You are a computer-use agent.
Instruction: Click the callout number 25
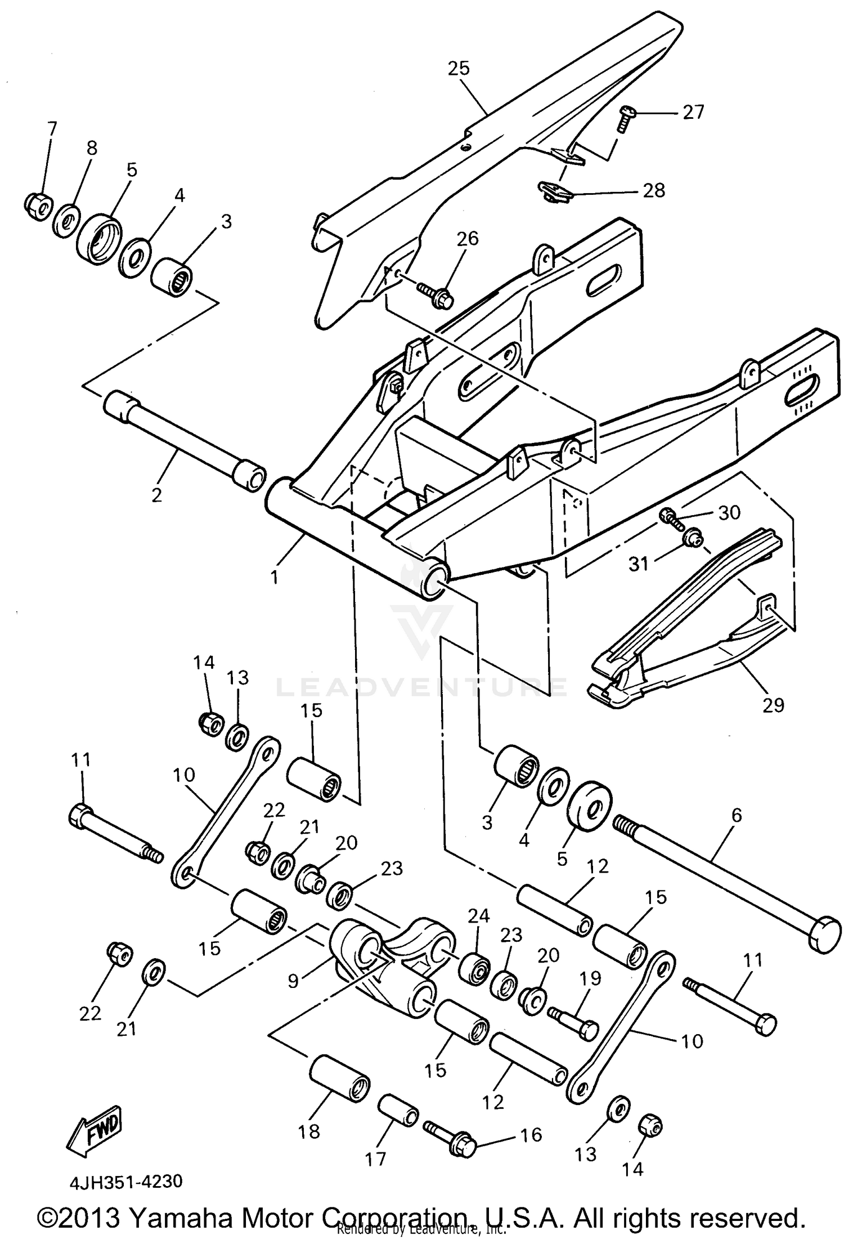[x=459, y=69]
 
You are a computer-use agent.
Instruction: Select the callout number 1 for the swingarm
[x=275, y=577]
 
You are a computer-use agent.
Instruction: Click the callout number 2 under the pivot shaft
[x=156, y=495]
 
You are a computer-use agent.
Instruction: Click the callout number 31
[x=639, y=563]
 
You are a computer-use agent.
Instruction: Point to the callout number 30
[x=729, y=513]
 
